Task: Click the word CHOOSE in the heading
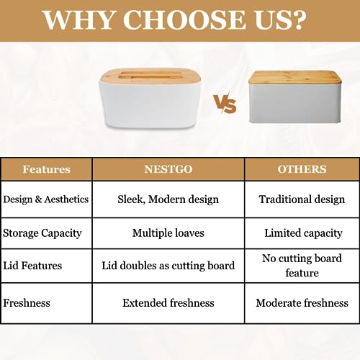tap(184, 19)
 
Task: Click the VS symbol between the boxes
tap(225, 104)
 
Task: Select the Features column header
tap(47, 169)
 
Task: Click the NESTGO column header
tap(168, 169)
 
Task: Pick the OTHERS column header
tap(302, 169)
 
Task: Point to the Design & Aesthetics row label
tap(46, 199)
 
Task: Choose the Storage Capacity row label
tap(42, 233)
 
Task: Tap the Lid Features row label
tap(32, 266)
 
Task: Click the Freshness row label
tap(27, 303)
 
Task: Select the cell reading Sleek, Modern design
tap(168, 199)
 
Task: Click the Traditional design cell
tap(302, 199)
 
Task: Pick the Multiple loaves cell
tap(168, 233)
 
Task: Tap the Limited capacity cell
tap(303, 233)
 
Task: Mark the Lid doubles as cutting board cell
tap(168, 266)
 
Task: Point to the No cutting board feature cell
tap(302, 266)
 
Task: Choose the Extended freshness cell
tap(168, 303)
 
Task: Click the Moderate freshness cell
tap(302, 303)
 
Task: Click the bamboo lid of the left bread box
tap(150, 77)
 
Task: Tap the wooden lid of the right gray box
tap(294, 78)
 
